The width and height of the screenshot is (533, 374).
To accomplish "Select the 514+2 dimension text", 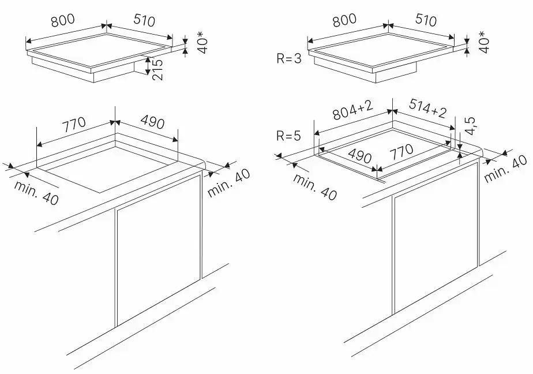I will point(427,110).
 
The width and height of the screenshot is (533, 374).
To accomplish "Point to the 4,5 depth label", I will point(470,126).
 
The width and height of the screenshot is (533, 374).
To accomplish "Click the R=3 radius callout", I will point(288,59).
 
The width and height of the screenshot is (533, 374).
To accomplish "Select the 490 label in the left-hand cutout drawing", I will point(152,122).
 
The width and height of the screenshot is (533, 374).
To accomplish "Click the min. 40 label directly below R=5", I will point(314,187).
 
